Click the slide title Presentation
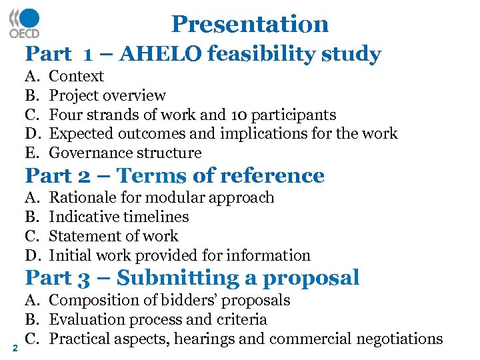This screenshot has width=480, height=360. (250, 24)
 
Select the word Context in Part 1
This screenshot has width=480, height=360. (77, 77)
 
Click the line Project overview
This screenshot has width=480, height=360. (107, 96)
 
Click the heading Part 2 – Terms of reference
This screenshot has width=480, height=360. (175, 175)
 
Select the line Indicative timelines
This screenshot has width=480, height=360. (119, 217)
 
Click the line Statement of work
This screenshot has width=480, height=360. (114, 236)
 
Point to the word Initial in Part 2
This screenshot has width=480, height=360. (68, 255)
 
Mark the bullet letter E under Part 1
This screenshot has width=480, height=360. (32, 153)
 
